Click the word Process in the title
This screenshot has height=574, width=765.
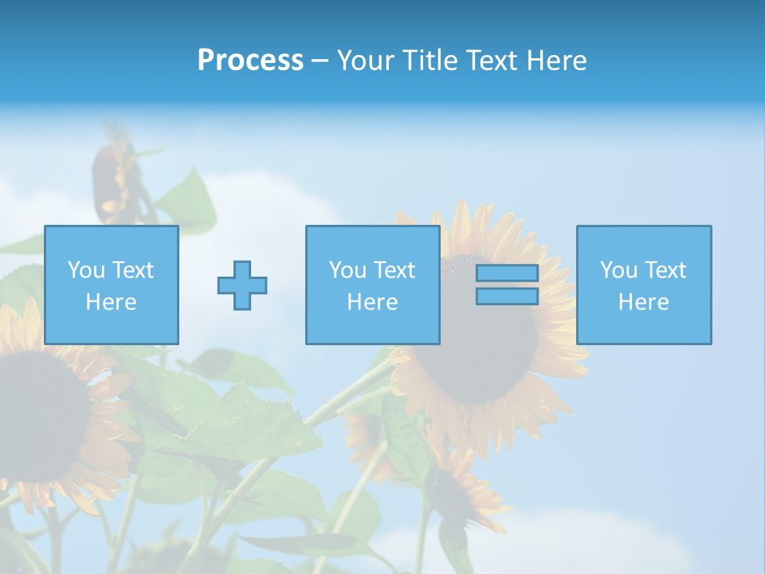point(250,61)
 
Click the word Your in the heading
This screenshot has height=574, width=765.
point(366,61)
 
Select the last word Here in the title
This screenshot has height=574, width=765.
point(555,61)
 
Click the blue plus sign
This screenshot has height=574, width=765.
point(242,285)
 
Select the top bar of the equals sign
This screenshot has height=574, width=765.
point(507,273)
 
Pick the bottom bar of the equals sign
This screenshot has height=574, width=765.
point(507,297)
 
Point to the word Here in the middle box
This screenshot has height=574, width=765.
point(372,302)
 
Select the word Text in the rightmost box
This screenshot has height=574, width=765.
point(665,270)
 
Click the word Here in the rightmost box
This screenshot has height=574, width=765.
point(644,302)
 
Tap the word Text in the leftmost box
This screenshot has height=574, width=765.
point(131,270)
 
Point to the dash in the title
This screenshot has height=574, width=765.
point(320,61)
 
